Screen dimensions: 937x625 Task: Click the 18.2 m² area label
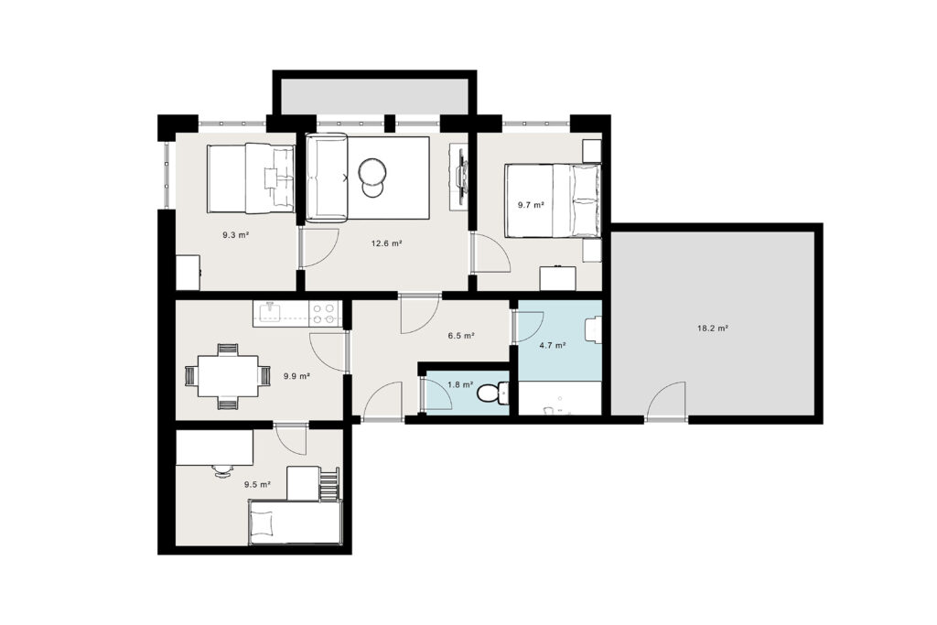click(x=712, y=328)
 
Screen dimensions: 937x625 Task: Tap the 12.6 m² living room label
click(x=386, y=243)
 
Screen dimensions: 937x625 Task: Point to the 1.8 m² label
click(x=460, y=385)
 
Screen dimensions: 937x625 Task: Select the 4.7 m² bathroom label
click(x=552, y=345)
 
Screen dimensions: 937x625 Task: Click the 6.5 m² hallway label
click(x=461, y=336)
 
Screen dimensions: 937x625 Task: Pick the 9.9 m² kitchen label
click(x=296, y=376)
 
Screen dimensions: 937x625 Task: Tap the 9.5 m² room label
click(x=257, y=485)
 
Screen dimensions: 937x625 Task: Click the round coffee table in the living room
click(x=372, y=173)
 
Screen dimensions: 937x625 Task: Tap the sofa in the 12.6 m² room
click(x=326, y=178)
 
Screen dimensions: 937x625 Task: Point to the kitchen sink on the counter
click(x=270, y=312)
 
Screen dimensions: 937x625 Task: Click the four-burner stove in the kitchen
click(x=323, y=314)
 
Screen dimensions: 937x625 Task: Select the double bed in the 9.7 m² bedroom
click(x=553, y=200)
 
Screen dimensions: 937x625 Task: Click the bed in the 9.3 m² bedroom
click(x=251, y=178)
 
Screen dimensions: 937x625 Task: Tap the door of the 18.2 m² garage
click(x=666, y=402)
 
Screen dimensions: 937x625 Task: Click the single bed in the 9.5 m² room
click(x=295, y=523)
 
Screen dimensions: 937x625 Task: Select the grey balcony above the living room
click(x=374, y=95)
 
